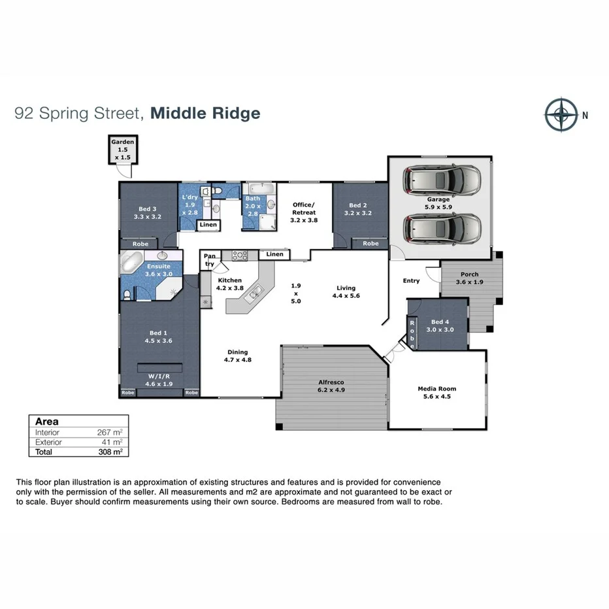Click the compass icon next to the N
click(560, 115)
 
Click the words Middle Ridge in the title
click(205, 113)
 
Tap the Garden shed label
click(122, 150)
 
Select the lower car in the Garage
click(442, 227)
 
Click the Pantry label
click(210, 260)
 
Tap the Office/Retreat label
click(303, 212)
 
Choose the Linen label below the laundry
click(208, 225)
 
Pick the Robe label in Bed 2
click(370, 244)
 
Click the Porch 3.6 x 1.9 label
click(469, 278)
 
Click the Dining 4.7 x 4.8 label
click(238, 355)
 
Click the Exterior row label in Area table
click(48, 442)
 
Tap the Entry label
click(411, 281)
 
